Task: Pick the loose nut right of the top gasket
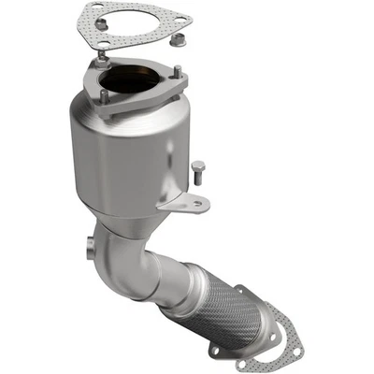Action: click(x=180, y=41)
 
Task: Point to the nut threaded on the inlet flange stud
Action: click(x=100, y=63)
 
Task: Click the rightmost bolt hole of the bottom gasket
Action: click(x=295, y=352)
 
